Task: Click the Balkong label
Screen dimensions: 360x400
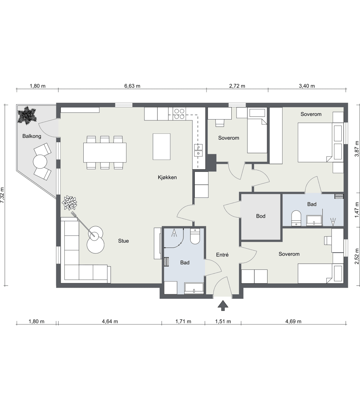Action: (x=32, y=136)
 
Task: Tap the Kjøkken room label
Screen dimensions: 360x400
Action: (x=167, y=177)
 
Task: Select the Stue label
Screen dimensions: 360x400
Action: (x=124, y=241)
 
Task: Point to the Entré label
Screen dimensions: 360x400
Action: (x=222, y=254)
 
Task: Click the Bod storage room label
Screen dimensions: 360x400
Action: (x=261, y=216)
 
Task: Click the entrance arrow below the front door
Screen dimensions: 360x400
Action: (x=223, y=305)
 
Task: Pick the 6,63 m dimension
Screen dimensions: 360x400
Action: (x=132, y=86)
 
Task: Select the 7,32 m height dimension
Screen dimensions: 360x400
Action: (x=2, y=195)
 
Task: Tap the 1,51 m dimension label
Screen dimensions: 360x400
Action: (x=223, y=321)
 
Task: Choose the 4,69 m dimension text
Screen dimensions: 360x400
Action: (x=293, y=321)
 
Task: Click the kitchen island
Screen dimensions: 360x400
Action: (x=162, y=147)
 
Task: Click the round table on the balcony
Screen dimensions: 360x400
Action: (x=40, y=162)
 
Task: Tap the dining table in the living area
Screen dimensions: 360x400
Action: (x=105, y=152)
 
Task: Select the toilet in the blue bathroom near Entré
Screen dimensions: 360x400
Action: (x=195, y=236)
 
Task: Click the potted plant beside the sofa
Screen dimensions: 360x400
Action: (x=69, y=203)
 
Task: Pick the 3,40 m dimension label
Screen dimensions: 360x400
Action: (x=307, y=86)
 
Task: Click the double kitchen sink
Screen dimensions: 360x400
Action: (x=198, y=150)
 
